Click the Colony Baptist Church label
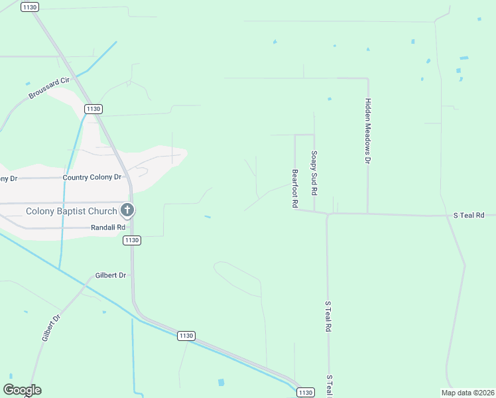click(x=70, y=212)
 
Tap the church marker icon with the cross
click(x=127, y=211)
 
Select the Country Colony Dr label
click(x=92, y=178)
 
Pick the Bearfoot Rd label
click(x=294, y=189)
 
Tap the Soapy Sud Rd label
click(x=314, y=172)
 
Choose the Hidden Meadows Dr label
click(x=367, y=131)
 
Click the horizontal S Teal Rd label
click(x=469, y=216)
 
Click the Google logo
click(x=22, y=390)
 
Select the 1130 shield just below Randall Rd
click(x=131, y=240)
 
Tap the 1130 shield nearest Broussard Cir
click(x=93, y=109)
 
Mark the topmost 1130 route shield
click(x=30, y=7)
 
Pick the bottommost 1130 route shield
click(x=305, y=393)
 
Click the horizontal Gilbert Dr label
click(x=111, y=275)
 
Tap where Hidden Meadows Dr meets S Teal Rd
click(x=367, y=214)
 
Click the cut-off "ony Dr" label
click(x=8, y=178)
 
